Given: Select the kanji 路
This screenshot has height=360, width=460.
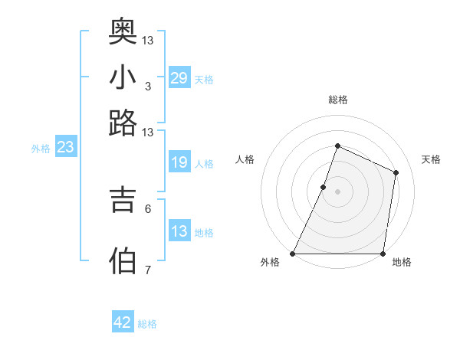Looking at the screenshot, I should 123,123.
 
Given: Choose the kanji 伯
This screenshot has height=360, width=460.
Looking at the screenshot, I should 123,260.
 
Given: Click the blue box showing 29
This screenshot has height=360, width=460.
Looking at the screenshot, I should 179,78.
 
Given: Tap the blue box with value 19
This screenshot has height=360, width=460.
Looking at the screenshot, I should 179,163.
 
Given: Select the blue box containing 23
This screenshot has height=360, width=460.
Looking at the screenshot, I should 65,148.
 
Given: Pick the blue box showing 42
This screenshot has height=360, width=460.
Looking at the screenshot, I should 123,323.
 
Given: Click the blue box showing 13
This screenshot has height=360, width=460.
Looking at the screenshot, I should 179,231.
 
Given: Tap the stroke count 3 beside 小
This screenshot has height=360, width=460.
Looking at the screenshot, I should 147,86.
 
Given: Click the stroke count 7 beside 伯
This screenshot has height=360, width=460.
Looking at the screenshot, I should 147,270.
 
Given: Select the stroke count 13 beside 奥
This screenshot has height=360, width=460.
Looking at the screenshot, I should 147,40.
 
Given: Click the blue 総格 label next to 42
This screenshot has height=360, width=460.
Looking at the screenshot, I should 147,324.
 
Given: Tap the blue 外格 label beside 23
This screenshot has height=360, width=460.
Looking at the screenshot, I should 41,149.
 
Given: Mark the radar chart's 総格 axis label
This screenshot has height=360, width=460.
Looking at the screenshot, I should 337,100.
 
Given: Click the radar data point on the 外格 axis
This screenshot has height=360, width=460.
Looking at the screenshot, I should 293,254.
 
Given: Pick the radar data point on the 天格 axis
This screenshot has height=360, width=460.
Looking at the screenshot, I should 396,172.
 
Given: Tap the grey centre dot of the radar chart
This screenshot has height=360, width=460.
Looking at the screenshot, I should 337,191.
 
